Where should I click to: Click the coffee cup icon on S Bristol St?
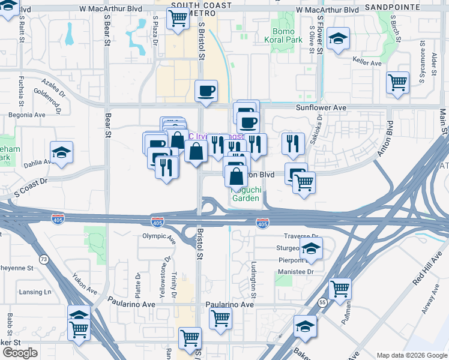tap(206, 91)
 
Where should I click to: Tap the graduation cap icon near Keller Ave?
tap(339, 40)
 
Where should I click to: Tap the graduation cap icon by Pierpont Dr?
tap(310, 248)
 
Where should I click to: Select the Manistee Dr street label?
tap(295, 272)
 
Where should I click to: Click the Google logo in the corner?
tap(20, 353)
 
